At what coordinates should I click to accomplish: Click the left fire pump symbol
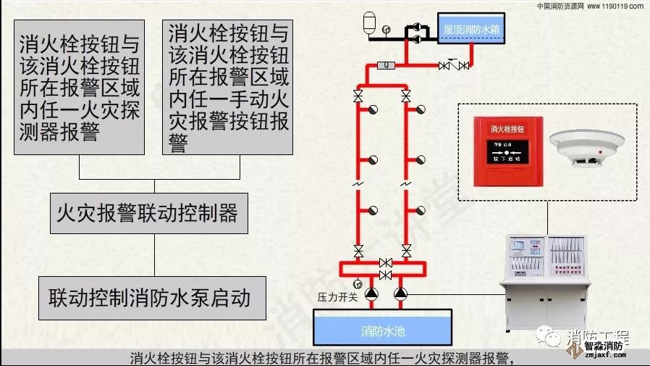371,294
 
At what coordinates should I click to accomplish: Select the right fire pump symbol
400,294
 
